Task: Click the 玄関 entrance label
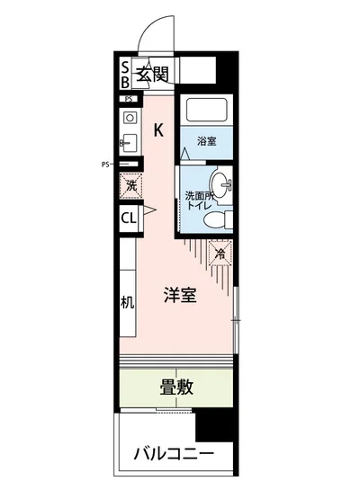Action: click(x=152, y=73)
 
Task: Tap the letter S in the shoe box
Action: click(x=126, y=66)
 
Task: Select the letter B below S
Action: click(x=126, y=81)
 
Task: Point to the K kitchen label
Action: click(x=158, y=129)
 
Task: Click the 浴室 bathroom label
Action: click(x=207, y=141)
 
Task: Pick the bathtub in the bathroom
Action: click(x=206, y=112)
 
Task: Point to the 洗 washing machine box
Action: click(x=130, y=186)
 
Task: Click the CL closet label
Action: click(x=128, y=218)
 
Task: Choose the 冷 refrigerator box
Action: click(x=220, y=254)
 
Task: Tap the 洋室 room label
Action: click(x=180, y=295)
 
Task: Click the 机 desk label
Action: click(x=128, y=302)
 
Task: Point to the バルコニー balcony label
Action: click(x=175, y=453)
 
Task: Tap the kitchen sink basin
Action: click(x=128, y=142)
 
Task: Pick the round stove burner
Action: click(x=129, y=117)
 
